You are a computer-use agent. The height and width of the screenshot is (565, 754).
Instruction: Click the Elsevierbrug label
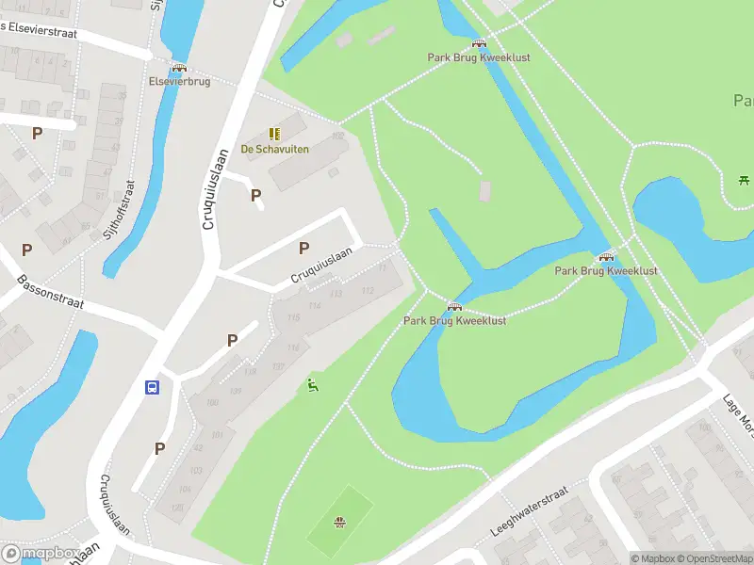pyautogui.click(x=179, y=82)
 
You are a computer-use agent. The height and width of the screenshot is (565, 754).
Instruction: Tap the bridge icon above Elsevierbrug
pyautogui.click(x=179, y=68)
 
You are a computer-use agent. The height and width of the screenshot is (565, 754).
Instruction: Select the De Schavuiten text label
pyautogui.click(x=274, y=149)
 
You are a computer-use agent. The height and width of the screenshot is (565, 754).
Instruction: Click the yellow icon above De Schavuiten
pyautogui.click(x=274, y=135)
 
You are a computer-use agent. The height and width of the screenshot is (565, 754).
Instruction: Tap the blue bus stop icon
pyautogui.click(x=151, y=387)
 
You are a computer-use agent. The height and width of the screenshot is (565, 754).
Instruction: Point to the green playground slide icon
pyautogui.click(x=312, y=385)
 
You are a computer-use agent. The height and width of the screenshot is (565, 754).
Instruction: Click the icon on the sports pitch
pyautogui.click(x=339, y=523)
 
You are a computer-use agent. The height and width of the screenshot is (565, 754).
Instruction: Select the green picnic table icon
pyautogui.click(x=744, y=179)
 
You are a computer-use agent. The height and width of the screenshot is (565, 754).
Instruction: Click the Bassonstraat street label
pyautogui.click(x=50, y=293)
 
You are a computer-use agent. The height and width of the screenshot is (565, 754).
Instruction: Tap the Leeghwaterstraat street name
pyautogui.click(x=530, y=511)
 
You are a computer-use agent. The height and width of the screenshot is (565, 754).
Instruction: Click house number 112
pyautogui.click(x=368, y=290)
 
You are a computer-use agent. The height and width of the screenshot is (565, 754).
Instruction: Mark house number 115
pyautogui.click(x=293, y=318)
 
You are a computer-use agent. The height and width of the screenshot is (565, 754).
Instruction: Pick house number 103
pyautogui.click(x=196, y=470)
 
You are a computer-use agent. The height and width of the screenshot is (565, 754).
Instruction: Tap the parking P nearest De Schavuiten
pyautogui.click(x=255, y=195)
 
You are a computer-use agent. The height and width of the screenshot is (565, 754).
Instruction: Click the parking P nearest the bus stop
pyautogui.click(x=159, y=448)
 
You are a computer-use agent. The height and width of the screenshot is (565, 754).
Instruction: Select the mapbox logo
pyautogui.click(x=39, y=553)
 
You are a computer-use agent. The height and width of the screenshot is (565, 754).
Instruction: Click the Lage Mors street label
pyautogui.click(x=735, y=410)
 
